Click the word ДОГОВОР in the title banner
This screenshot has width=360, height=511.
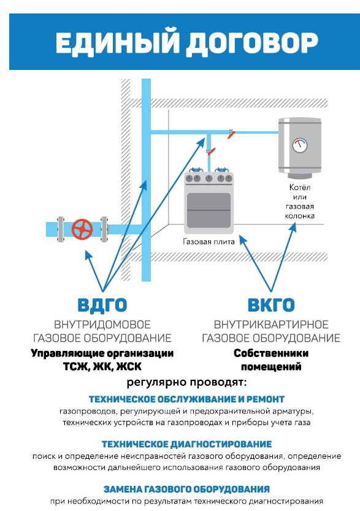(x=252, y=42)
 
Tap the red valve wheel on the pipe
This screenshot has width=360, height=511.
(x=82, y=229)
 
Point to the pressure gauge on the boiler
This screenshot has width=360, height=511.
(x=299, y=145)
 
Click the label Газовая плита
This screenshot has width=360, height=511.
(x=209, y=242)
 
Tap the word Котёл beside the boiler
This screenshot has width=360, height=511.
(x=300, y=187)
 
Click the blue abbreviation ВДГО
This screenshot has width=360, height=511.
(x=102, y=305)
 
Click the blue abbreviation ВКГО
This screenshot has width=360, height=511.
(x=271, y=305)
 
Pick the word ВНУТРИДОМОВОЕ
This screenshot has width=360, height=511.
(x=102, y=325)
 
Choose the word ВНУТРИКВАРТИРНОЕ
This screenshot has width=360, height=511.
(x=271, y=325)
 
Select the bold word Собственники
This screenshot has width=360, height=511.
(x=271, y=353)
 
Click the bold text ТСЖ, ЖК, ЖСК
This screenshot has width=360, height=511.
(x=102, y=367)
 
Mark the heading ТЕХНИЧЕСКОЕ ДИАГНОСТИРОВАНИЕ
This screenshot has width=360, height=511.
(x=186, y=444)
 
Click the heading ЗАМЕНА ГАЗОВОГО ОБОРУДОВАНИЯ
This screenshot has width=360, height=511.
(x=186, y=489)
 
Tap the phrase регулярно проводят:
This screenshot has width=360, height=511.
(x=186, y=382)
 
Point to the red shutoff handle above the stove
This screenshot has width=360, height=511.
(x=211, y=152)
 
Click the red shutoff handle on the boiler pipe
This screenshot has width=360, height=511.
(x=231, y=134)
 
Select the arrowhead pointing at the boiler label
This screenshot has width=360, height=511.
(x=293, y=227)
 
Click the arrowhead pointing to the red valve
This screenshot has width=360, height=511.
(x=88, y=254)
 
